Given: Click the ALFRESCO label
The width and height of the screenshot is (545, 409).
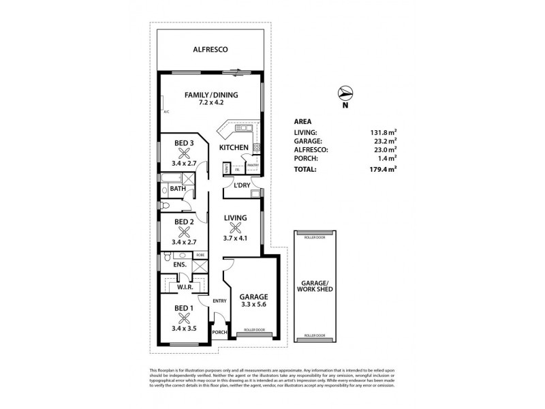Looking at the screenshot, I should point(210,50).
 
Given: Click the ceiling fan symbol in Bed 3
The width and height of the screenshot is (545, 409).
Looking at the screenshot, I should point(183,153).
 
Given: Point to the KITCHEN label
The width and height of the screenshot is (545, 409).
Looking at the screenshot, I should point(233,147).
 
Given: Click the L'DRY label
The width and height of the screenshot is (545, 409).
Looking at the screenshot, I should point(242,185).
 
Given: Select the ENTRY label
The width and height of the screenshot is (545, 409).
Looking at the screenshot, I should point(219,301).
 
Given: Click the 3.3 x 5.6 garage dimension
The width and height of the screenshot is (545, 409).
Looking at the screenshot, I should point(253,306).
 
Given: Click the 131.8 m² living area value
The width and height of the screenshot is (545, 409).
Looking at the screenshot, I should point(384,134).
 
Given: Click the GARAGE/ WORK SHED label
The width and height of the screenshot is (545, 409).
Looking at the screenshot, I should point(315,286).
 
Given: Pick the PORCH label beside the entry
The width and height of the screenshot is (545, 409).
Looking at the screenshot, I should point(219,333).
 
